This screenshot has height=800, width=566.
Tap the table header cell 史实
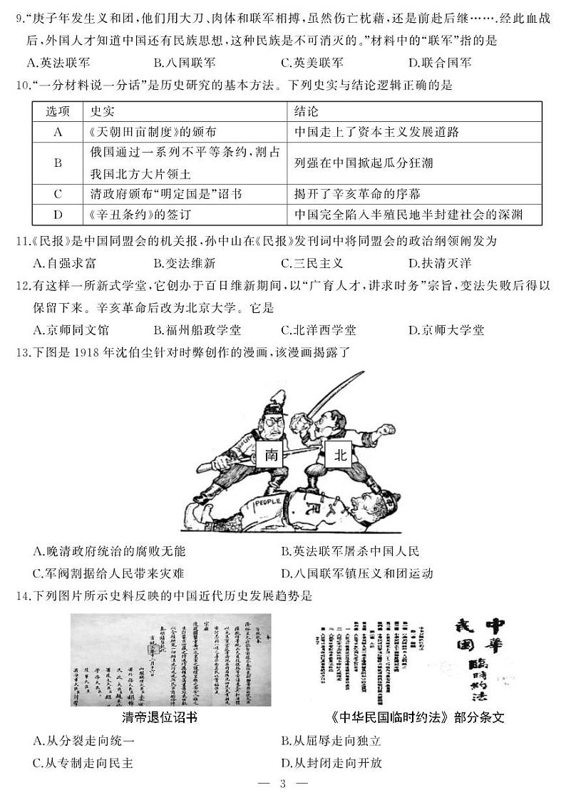(103, 112)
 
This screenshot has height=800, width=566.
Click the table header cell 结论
(307, 112)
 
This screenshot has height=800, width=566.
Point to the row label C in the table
(58, 194)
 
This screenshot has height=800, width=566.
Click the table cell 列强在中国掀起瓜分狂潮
(363, 163)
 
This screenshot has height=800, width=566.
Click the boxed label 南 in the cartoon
(272, 456)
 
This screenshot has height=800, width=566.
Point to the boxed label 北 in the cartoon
(341, 453)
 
